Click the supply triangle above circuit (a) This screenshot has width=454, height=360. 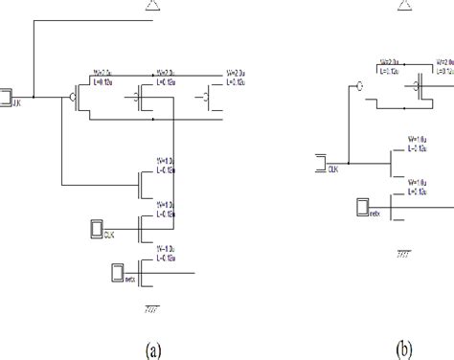tap(157, 7)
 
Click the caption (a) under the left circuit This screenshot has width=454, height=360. tap(153, 349)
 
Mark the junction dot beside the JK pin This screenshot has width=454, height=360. tap(34, 97)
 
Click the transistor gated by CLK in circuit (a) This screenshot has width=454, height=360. tap(144, 228)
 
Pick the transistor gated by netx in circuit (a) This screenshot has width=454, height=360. tap(144, 273)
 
